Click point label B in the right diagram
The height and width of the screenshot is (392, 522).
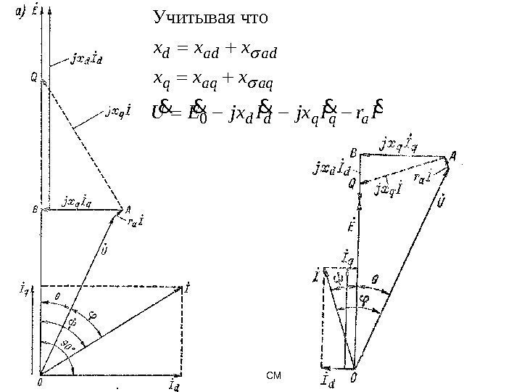(353, 154)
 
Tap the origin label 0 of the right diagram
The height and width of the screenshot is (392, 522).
(353, 377)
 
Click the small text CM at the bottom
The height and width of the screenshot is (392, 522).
(273, 376)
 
